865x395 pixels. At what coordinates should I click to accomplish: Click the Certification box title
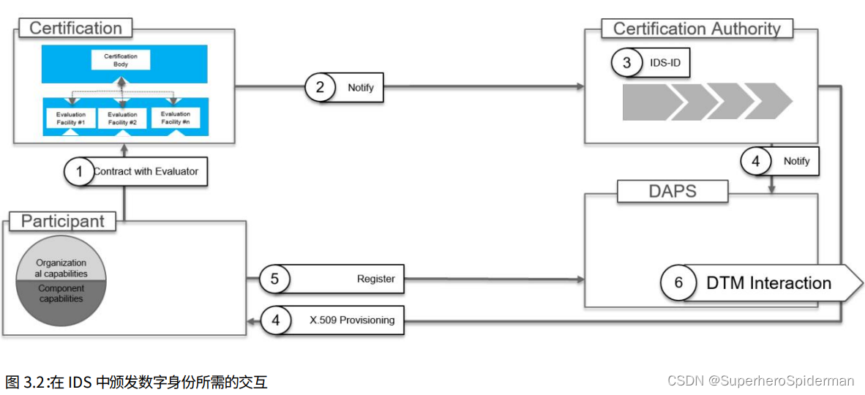click(x=75, y=29)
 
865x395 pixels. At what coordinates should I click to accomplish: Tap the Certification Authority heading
click(x=697, y=29)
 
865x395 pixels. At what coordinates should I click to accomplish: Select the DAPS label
click(x=673, y=192)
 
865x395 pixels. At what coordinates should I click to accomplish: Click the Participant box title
click(x=62, y=221)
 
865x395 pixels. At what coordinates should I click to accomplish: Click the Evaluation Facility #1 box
click(x=71, y=118)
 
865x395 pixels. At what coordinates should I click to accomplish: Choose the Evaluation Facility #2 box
click(x=122, y=118)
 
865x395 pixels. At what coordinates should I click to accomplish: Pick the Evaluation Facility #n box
click(x=175, y=117)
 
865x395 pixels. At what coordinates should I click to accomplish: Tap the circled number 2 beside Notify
click(x=320, y=87)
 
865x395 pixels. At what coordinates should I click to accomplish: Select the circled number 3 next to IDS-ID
click(x=626, y=63)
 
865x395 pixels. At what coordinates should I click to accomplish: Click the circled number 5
click(x=274, y=279)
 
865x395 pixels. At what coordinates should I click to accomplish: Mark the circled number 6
click(x=678, y=283)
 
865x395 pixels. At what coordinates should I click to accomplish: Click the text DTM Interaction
click(x=768, y=283)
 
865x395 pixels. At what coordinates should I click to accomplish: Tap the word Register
click(x=375, y=279)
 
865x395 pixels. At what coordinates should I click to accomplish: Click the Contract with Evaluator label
click(x=146, y=171)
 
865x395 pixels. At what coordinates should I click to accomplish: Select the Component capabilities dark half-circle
click(x=61, y=299)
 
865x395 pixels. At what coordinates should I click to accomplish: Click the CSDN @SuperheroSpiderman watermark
click(x=761, y=380)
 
